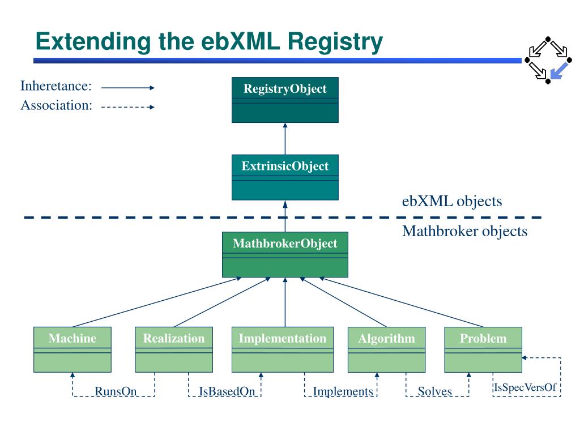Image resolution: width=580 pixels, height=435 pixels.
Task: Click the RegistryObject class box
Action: coord(285,100)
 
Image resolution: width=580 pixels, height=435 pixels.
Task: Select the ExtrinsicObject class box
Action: coord(285,177)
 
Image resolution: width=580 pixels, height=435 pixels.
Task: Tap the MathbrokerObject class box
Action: coord(285,254)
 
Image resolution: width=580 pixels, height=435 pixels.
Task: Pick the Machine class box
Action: coord(72,349)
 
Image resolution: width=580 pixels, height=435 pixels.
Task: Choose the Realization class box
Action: coord(174,349)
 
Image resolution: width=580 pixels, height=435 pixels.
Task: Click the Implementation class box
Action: coord(283,349)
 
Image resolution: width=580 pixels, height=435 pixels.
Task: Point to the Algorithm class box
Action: coord(386,349)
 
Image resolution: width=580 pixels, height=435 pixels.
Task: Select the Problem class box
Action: coord(483,349)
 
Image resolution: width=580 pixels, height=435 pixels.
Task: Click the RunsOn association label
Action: coord(116,391)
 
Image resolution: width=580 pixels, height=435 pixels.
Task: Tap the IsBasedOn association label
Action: coord(227,391)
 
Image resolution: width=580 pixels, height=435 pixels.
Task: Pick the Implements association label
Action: coord(343,391)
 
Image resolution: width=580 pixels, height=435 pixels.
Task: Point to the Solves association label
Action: coord(435,391)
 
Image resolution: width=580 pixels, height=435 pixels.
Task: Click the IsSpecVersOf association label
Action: coord(525,387)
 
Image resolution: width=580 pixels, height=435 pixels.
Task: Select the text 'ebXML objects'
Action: coord(452,201)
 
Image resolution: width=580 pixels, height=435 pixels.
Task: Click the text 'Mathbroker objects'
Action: coord(464,231)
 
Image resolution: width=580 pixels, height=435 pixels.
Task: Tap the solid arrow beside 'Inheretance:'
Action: coord(128,88)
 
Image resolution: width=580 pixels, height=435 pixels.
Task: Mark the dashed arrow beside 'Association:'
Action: coord(128,107)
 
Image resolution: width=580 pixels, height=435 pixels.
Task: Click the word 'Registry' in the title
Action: coord(335,42)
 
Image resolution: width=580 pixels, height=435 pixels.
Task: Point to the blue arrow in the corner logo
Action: coord(559,71)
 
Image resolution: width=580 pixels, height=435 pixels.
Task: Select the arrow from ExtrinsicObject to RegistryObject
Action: coord(285,139)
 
